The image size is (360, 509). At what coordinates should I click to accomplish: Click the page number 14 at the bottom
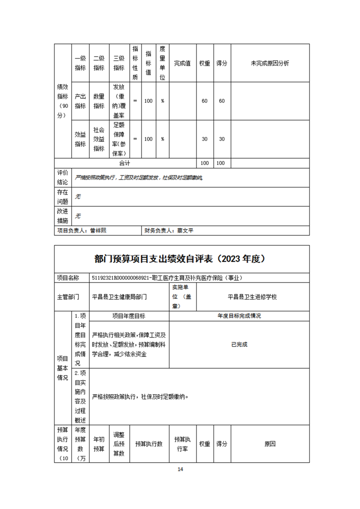click(x=180, y=469)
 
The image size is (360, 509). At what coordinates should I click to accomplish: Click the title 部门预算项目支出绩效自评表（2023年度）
click(x=180, y=259)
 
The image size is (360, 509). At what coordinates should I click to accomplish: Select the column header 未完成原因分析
click(x=270, y=63)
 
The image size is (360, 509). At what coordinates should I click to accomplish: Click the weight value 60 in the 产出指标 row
click(x=204, y=101)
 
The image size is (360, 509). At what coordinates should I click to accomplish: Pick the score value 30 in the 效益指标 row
click(x=222, y=139)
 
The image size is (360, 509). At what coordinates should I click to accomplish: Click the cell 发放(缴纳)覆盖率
click(x=119, y=101)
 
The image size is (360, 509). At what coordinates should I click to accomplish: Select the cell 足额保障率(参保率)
click(x=119, y=139)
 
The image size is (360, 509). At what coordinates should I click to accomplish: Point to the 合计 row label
click(x=124, y=163)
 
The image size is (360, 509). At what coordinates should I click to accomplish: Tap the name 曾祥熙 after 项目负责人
click(x=98, y=230)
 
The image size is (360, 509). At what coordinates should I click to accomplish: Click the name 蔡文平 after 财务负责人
click(x=186, y=230)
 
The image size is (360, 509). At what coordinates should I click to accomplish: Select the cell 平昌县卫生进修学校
click(x=252, y=297)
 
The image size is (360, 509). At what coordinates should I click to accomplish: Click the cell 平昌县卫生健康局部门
click(x=119, y=297)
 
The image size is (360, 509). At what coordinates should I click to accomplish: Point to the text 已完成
click(x=239, y=344)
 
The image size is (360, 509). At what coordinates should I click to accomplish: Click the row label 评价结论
click(x=63, y=177)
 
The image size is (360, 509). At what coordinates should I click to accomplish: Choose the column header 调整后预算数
click(x=118, y=444)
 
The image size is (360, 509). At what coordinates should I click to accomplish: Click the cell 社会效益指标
click(x=99, y=139)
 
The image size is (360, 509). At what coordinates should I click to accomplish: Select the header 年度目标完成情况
click(x=239, y=316)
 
